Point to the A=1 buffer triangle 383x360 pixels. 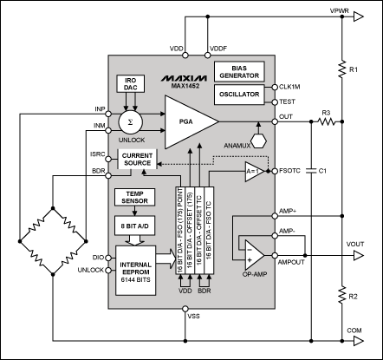(x=253, y=171)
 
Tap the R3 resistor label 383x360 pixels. (x=326, y=112)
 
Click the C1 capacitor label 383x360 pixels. (x=322, y=171)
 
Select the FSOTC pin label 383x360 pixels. (x=292, y=171)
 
